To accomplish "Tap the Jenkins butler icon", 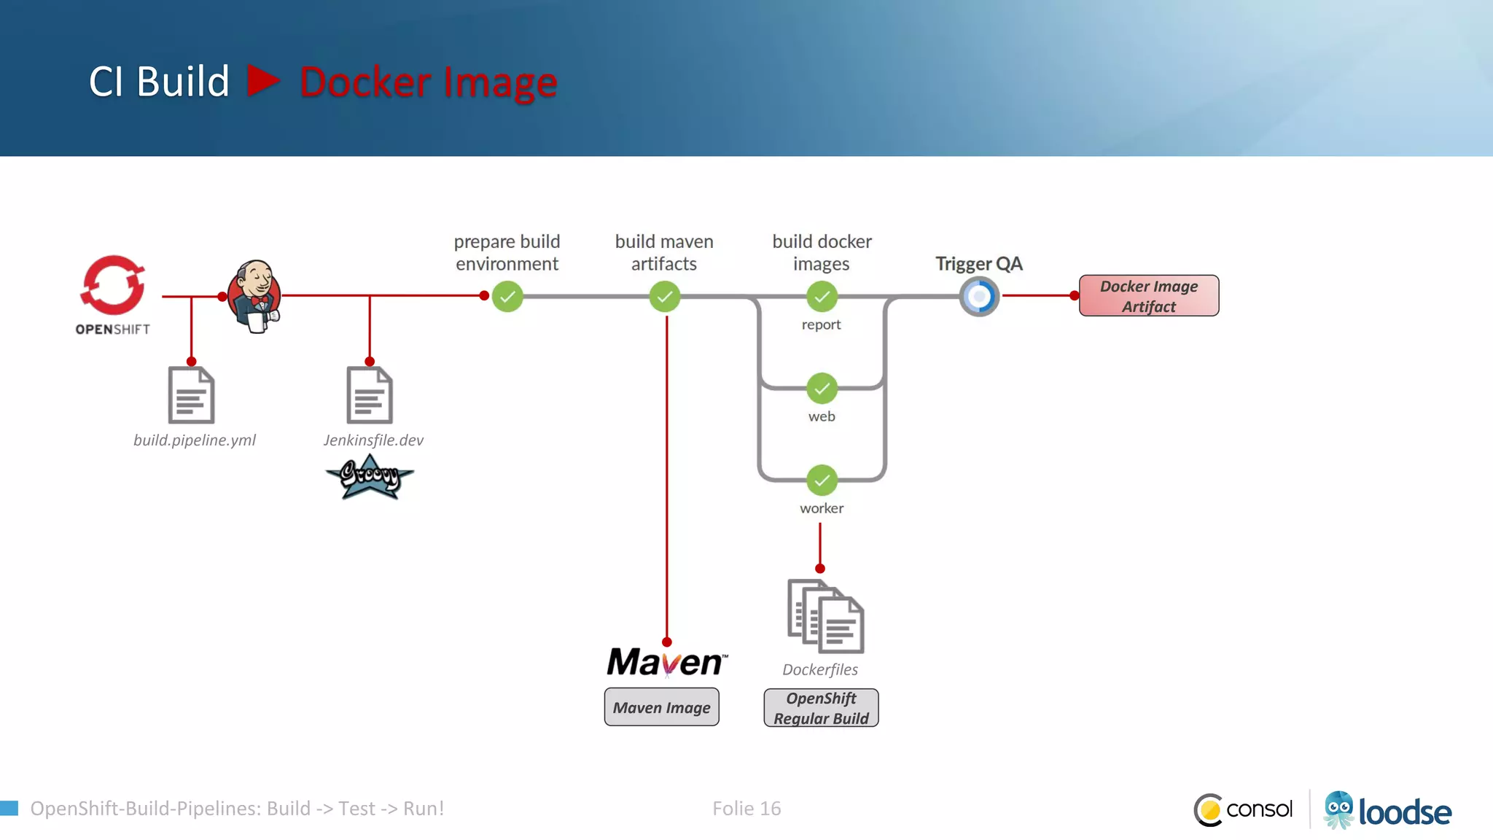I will click(x=254, y=296).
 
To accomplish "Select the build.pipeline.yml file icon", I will click(x=191, y=395).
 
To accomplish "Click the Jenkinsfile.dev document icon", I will click(x=370, y=395).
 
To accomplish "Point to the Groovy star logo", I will click(x=370, y=478).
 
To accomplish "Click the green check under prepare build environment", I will click(x=507, y=297).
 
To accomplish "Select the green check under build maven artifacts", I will click(x=665, y=297).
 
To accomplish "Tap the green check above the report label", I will click(x=822, y=297).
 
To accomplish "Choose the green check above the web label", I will click(x=822, y=389).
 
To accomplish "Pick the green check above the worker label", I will click(x=822, y=481).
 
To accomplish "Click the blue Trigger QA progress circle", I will click(x=979, y=297).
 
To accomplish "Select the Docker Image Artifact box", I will click(x=1149, y=296).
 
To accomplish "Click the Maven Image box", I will click(x=661, y=707).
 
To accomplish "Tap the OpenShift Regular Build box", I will click(x=821, y=708).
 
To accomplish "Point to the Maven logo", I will click(x=666, y=662).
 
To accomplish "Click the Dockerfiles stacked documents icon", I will click(x=825, y=616).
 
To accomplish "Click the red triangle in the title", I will click(x=262, y=81).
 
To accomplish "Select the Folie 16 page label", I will click(x=746, y=809).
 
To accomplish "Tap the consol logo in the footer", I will click(x=1244, y=809).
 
